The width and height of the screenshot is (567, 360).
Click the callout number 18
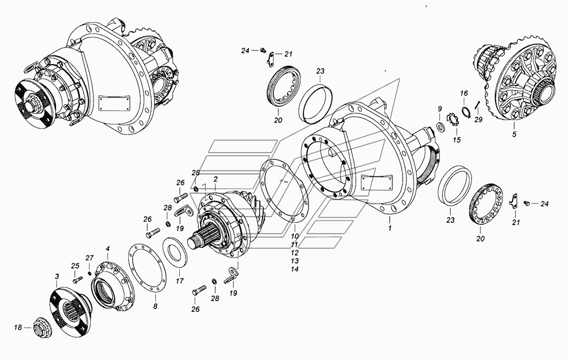18,327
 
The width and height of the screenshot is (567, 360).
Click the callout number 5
514,134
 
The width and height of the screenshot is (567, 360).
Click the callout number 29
478,120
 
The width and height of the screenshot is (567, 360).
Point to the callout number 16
463,93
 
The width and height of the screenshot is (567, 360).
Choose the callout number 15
457,139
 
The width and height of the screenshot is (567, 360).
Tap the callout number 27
89,258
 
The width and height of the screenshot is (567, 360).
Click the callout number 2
215,179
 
